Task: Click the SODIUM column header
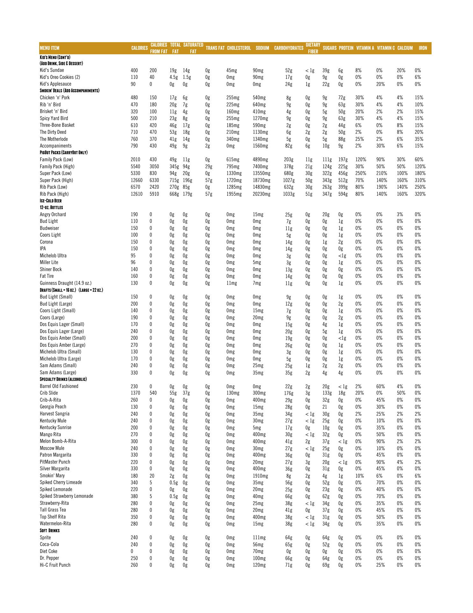[262, 48]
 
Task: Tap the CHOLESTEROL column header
[239, 48]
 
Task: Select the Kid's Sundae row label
[52, 70]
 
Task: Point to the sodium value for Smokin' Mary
[260, 476]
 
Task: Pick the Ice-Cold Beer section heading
[51, 201]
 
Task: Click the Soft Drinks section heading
[50, 531]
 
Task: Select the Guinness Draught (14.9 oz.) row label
[66, 283]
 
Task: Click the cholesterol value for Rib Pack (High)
[234, 194]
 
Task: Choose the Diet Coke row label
[49, 551]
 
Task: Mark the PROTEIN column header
[346, 48]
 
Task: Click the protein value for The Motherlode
[342, 139]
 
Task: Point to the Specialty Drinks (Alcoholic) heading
[63, 379]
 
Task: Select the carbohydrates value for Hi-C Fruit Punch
[288, 565]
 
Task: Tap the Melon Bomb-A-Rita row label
[58, 441]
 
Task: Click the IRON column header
[423, 48]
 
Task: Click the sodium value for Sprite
[259, 538]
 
